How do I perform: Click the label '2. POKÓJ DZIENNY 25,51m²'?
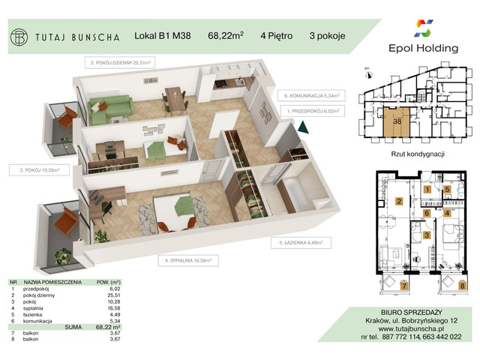(x=122, y=64)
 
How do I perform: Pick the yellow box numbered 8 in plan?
(x=462, y=286)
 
